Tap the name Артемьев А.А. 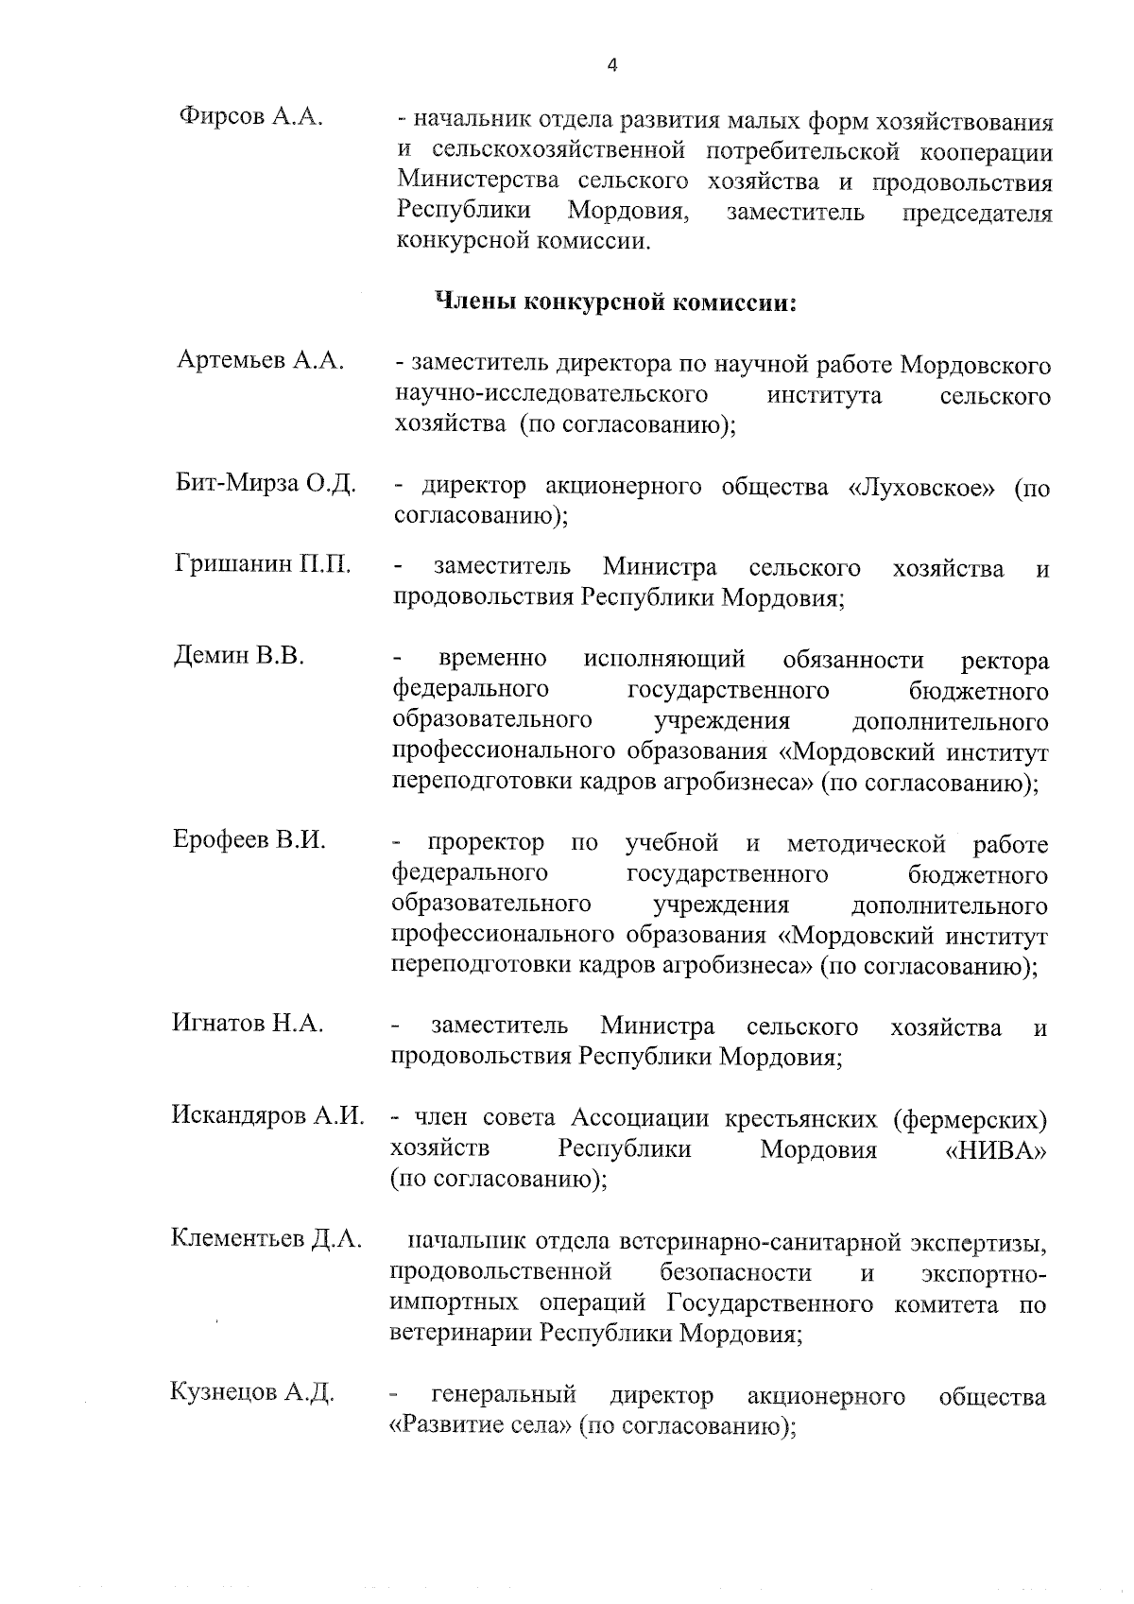pyautogui.click(x=260, y=360)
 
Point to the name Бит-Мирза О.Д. pyautogui.click(x=266, y=485)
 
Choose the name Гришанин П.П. pyautogui.click(x=263, y=565)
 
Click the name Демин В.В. pyautogui.click(x=239, y=655)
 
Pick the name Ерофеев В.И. pyautogui.click(x=249, y=839)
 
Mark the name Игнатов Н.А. pyautogui.click(x=248, y=1023)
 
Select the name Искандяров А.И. pyautogui.click(x=267, y=1115)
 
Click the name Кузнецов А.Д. pyautogui.click(x=252, y=1392)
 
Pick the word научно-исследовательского pyautogui.click(x=552, y=394)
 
